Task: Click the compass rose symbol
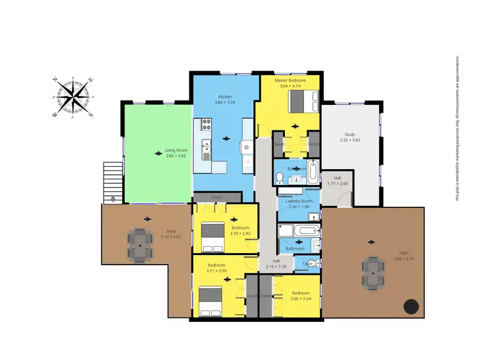[75, 97]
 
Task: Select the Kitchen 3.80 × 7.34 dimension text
[226, 102]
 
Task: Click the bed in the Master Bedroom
[298, 100]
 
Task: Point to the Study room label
[350, 134]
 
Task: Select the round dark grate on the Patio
[412, 307]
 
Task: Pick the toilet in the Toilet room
[317, 263]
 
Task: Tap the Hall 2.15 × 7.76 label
[276, 263]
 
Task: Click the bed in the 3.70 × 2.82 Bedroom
[213, 233]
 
